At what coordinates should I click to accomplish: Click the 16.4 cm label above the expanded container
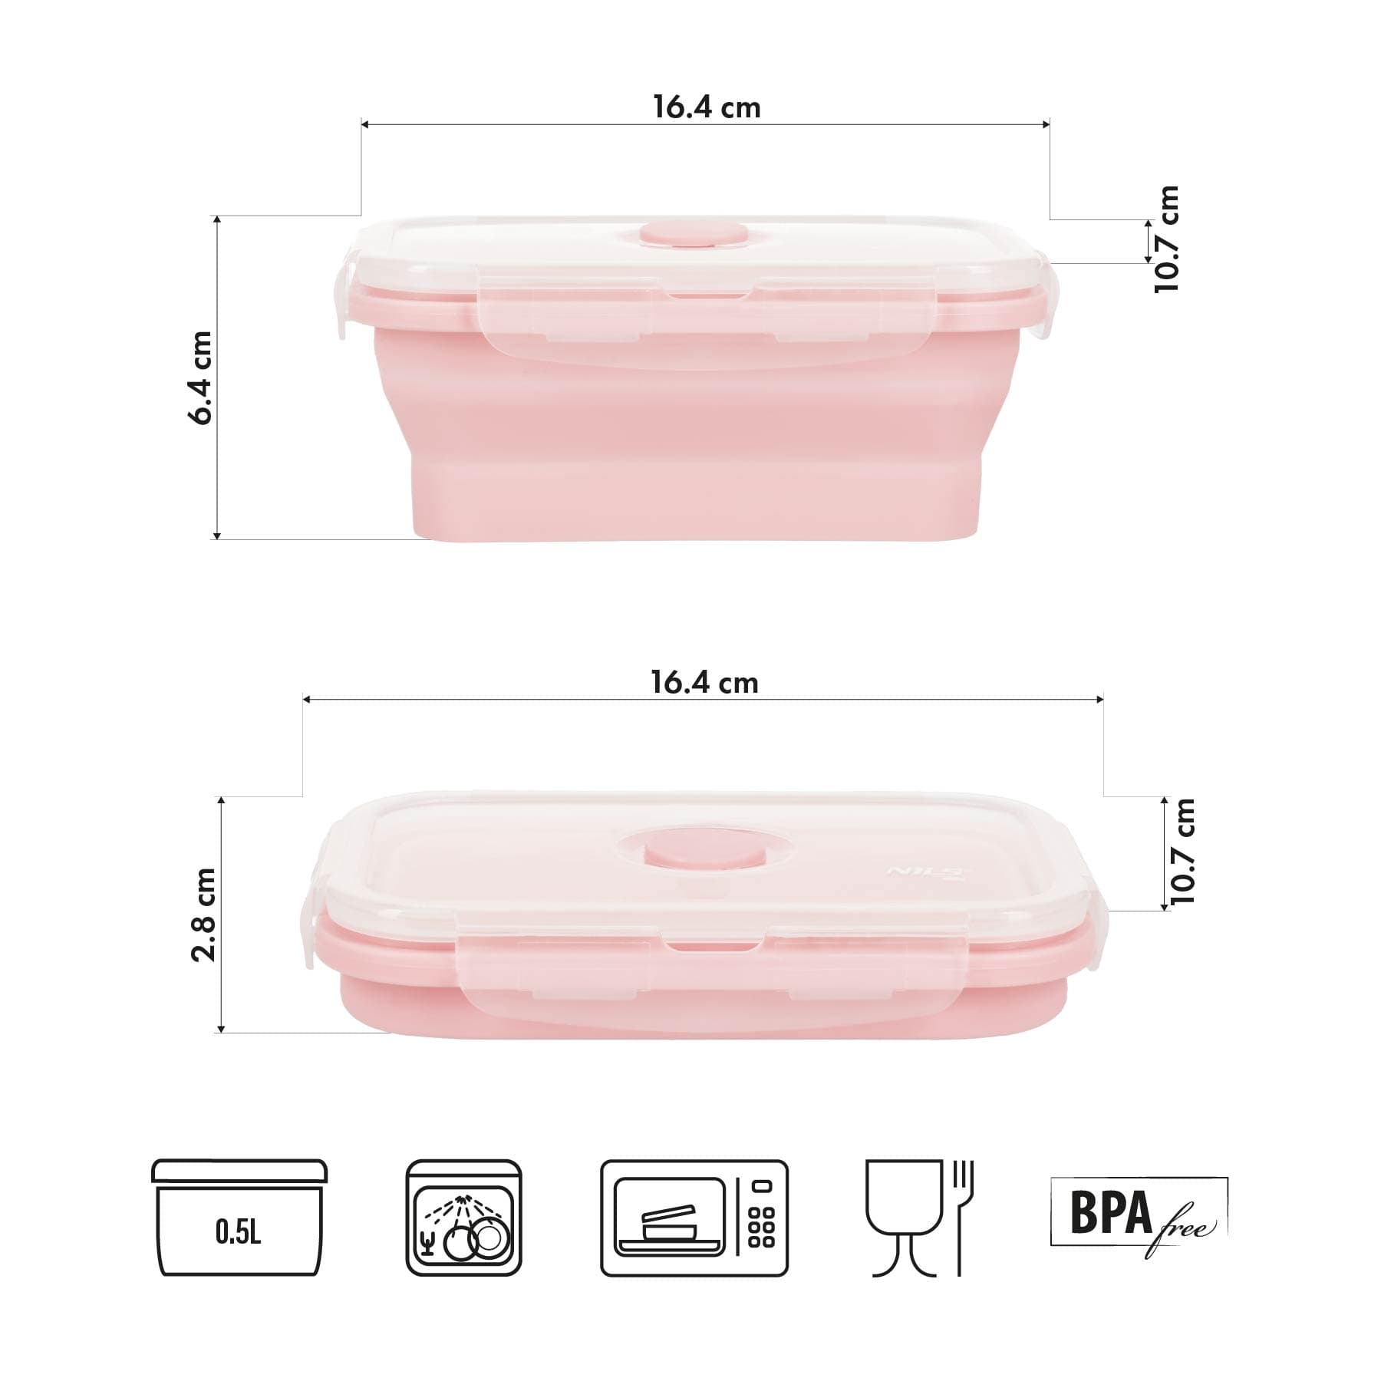click(x=707, y=107)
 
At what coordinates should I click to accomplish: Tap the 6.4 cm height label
click(x=201, y=378)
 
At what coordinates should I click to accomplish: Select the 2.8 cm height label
click(x=204, y=915)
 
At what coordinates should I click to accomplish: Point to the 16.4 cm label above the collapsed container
click(x=704, y=683)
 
